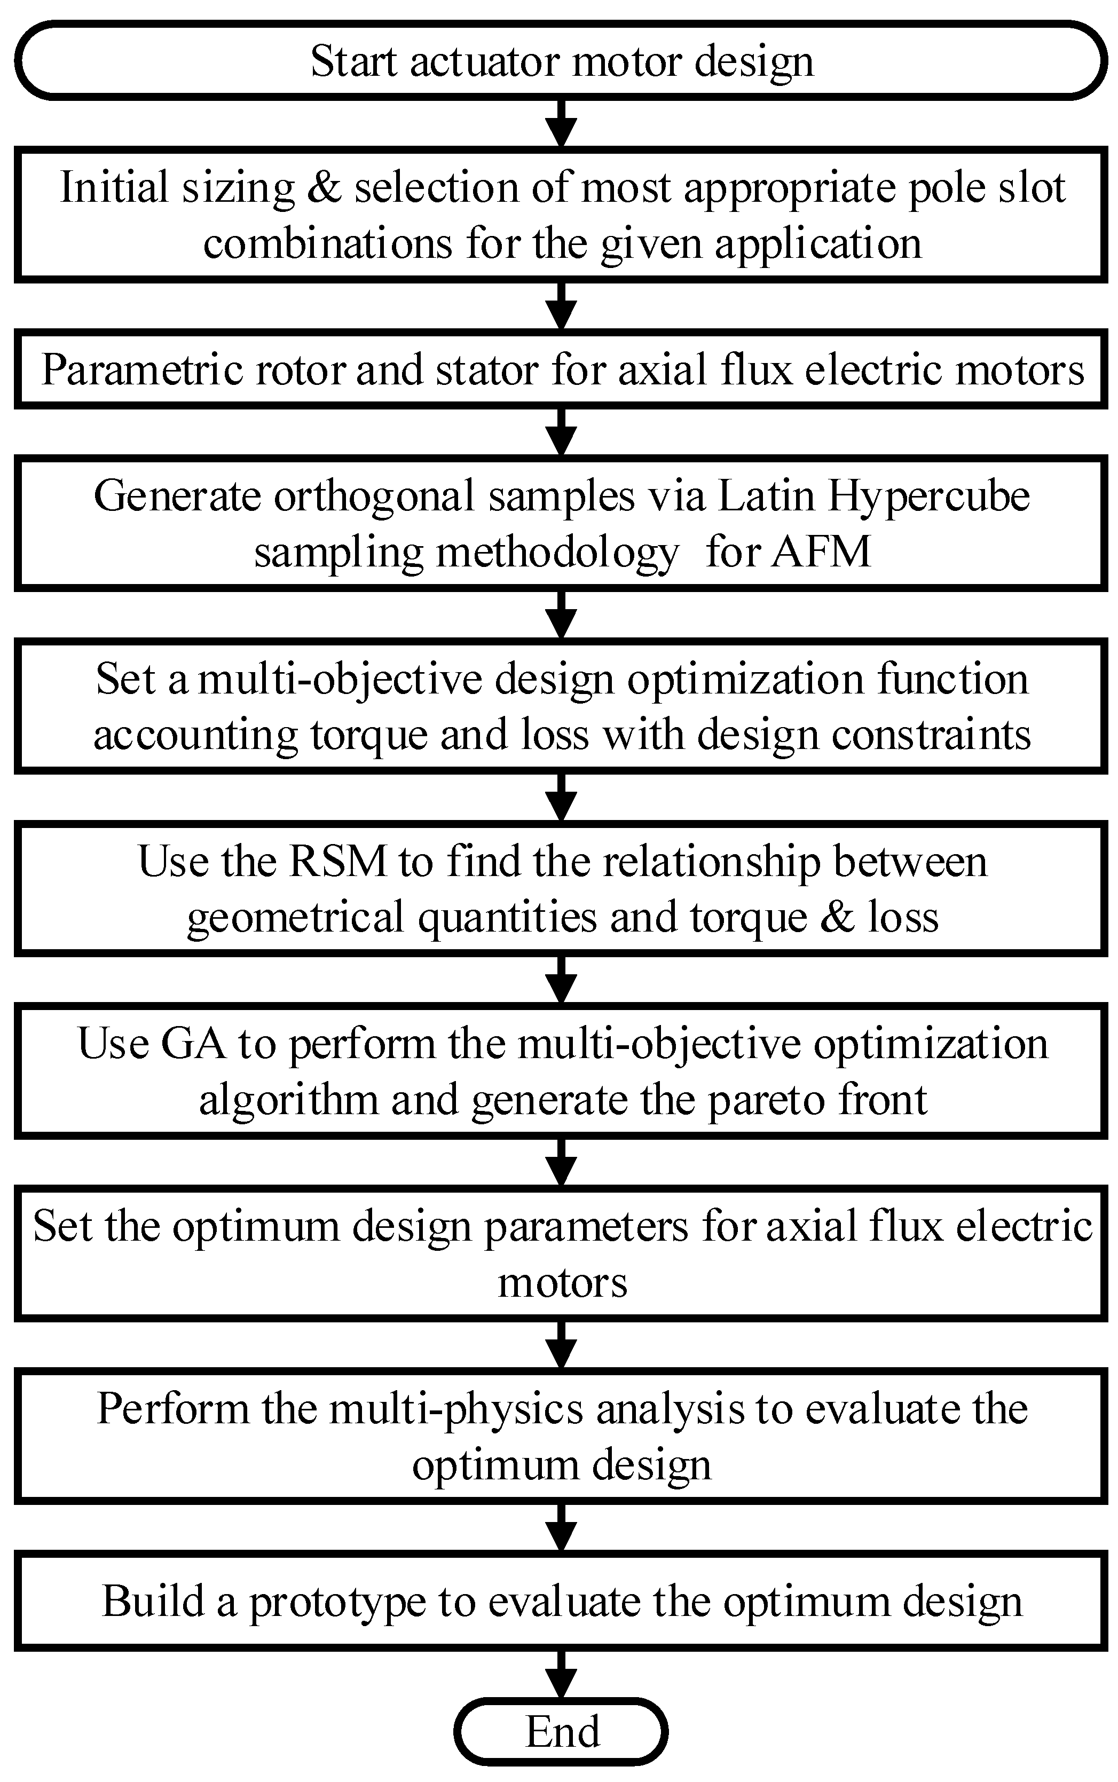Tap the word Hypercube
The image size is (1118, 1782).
[928, 496]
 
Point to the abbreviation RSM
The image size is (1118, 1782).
[337, 862]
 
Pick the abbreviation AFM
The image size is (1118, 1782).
[820, 551]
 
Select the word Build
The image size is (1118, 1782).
[152, 1602]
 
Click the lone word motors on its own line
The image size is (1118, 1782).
[562, 1283]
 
